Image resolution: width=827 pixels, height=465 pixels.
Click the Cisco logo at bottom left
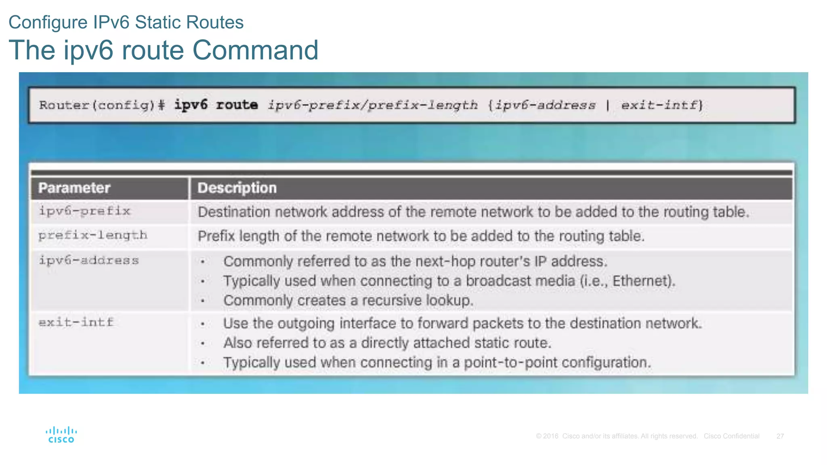point(61,435)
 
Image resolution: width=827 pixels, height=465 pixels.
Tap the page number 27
point(780,436)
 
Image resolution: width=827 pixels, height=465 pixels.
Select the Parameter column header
point(74,188)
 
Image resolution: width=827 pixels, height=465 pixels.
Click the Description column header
point(237,188)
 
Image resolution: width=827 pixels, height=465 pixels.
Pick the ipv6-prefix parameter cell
point(84,211)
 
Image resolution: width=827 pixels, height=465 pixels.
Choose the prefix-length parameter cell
point(93,235)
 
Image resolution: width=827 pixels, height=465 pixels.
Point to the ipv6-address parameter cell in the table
point(89,260)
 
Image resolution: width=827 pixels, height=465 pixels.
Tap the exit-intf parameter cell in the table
point(76,323)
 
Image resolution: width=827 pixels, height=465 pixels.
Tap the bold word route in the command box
point(237,105)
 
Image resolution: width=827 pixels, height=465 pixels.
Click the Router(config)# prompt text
point(102,105)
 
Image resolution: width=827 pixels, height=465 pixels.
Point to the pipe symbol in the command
point(608,105)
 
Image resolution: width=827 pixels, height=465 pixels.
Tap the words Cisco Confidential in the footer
point(731,436)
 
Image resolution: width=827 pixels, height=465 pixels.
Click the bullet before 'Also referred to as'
point(203,344)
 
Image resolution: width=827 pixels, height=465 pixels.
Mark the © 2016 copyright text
point(547,436)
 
